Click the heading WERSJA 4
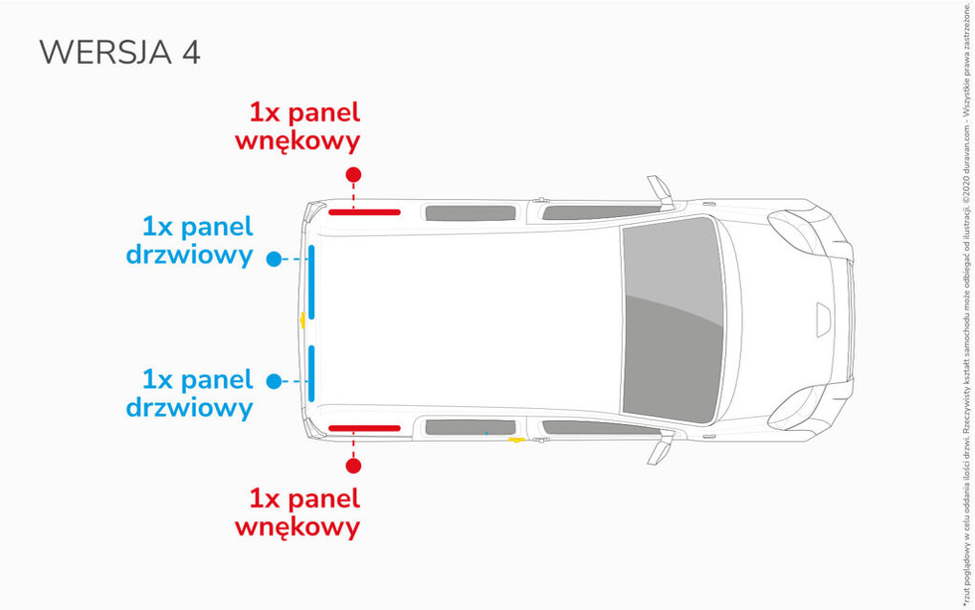pyautogui.click(x=119, y=53)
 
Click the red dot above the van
pyautogui.click(x=353, y=175)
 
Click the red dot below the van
pyautogui.click(x=353, y=465)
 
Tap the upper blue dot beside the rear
pyautogui.click(x=274, y=259)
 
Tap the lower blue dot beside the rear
pyautogui.click(x=274, y=381)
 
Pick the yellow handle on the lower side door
pyautogui.click(x=516, y=438)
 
